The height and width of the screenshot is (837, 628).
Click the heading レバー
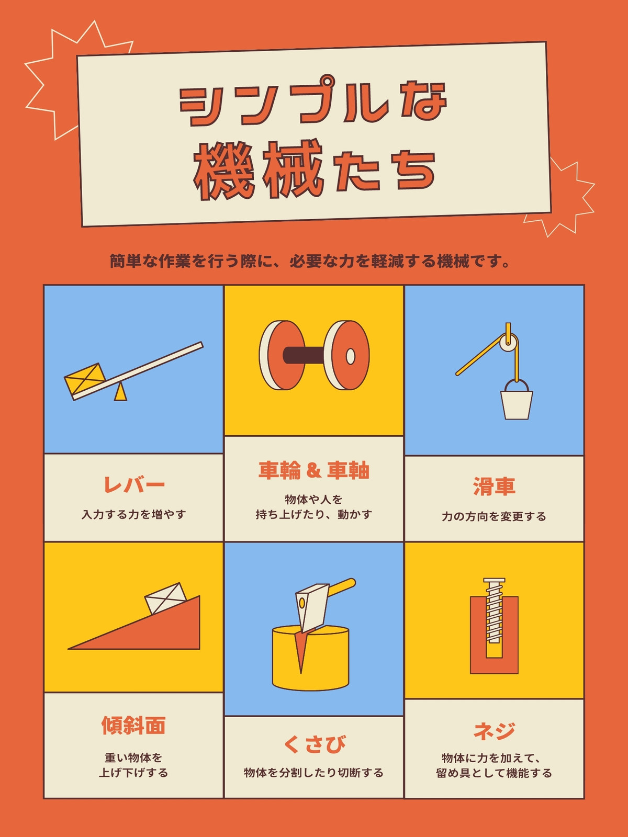(134, 485)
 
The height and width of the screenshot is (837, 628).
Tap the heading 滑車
(494, 487)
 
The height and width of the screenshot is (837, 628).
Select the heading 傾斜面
(133, 725)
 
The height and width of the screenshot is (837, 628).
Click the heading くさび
(315, 744)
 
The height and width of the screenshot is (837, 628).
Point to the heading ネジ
(494, 730)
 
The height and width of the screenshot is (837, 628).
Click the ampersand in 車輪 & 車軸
(313, 470)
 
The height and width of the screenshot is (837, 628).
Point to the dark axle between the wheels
(304, 355)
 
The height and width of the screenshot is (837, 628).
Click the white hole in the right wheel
(351, 357)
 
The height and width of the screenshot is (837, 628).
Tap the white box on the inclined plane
(165, 598)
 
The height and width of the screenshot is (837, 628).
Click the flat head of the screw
(494, 581)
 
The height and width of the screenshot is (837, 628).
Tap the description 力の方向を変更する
(494, 517)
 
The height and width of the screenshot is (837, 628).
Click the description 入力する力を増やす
(134, 514)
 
